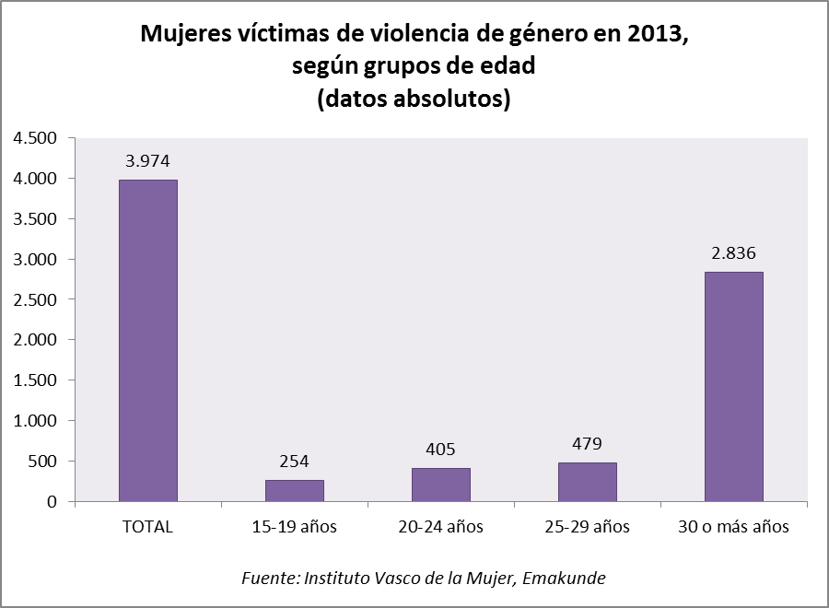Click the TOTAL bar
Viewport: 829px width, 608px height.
[x=148, y=340]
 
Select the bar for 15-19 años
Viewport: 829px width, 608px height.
[x=295, y=490]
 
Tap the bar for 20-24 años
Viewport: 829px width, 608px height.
[x=441, y=485]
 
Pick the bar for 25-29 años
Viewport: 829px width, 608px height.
[x=588, y=482]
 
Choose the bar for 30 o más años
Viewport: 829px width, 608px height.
[x=734, y=386]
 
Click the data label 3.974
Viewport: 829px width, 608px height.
[x=148, y=160]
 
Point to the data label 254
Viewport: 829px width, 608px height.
[x=295, y=461]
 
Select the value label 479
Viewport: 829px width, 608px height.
[x=588, y=443]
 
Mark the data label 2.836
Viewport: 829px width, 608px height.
[x=734, y=252]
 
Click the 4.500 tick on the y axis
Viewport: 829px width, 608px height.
[x=36, y=138]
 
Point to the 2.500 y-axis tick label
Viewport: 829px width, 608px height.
[x=36, y=299]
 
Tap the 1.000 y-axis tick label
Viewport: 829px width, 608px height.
[x=36, y=421]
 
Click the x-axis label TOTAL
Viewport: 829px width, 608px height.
[x=148, y=528]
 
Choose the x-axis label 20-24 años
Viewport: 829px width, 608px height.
[x=441, y=528]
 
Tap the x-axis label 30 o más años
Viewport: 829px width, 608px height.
[x=734, y=528]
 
